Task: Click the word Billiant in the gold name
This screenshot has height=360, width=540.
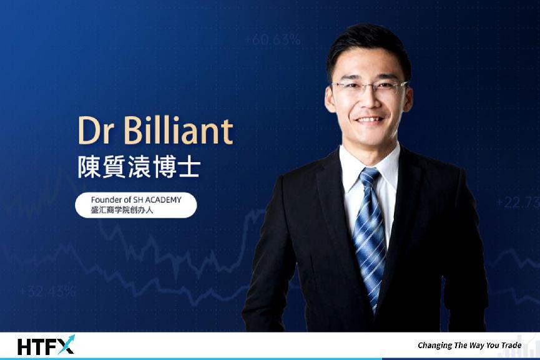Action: (179, 130)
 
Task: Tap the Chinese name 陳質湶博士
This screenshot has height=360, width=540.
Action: (139, 167)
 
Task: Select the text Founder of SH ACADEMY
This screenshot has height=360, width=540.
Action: (136, 200)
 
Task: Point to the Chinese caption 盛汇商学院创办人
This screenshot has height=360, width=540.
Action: (122, 210)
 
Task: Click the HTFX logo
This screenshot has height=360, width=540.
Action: (46, 345)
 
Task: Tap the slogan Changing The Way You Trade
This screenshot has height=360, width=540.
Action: (469, 345)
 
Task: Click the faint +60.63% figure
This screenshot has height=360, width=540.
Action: (272, 39)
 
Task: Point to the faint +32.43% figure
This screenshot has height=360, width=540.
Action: (47, 291)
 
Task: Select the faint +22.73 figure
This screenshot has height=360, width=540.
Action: (518, 202)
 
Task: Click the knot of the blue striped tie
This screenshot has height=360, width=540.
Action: (369, 176)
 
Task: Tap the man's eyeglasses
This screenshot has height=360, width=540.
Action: (370, 86)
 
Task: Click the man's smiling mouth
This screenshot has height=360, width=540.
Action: (369, 119)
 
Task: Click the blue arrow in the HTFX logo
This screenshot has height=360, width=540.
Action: (66, 344)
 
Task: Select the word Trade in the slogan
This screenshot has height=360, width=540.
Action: (511, 345)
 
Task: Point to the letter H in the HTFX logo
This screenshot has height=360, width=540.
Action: (24, 347)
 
